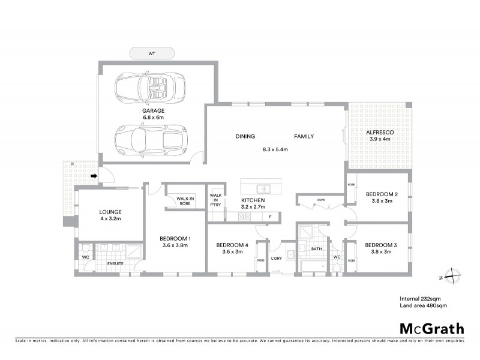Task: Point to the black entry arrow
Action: click(94, 176)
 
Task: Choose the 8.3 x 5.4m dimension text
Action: click(275, 149)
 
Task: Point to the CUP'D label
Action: click(321, 200)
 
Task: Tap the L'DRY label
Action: click(276, 258)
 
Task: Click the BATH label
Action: click(316, 248)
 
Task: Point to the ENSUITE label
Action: click(115, 263)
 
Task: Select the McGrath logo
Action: click(431, 328)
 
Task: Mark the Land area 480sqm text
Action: click(424, 306)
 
